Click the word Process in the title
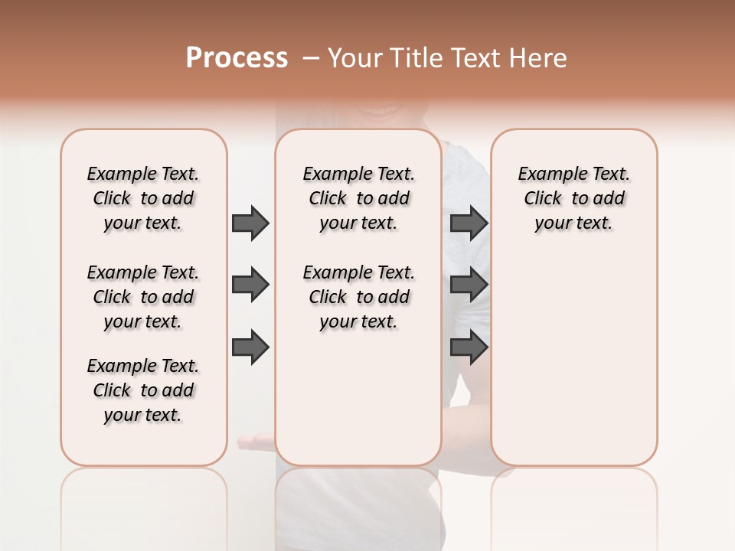[x=237, y=58]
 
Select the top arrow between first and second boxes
[x=250, y=223]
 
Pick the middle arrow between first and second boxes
[x=250, y=285]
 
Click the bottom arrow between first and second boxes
[x=250, y=348]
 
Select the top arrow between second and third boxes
[x=469, y=223]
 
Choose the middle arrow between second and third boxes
[x=469, y=285]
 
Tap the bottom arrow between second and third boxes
[x=469, y=348]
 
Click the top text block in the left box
[x=143, y=198]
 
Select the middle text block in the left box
[x=143, y=297]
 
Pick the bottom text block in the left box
[x=143, y=390]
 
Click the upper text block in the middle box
[x=358, y=198]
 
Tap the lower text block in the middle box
[x=358, y=297]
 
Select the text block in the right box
[x=574, y=198]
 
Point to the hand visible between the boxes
[x=256, y=440]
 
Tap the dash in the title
[x=310, y=58]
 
